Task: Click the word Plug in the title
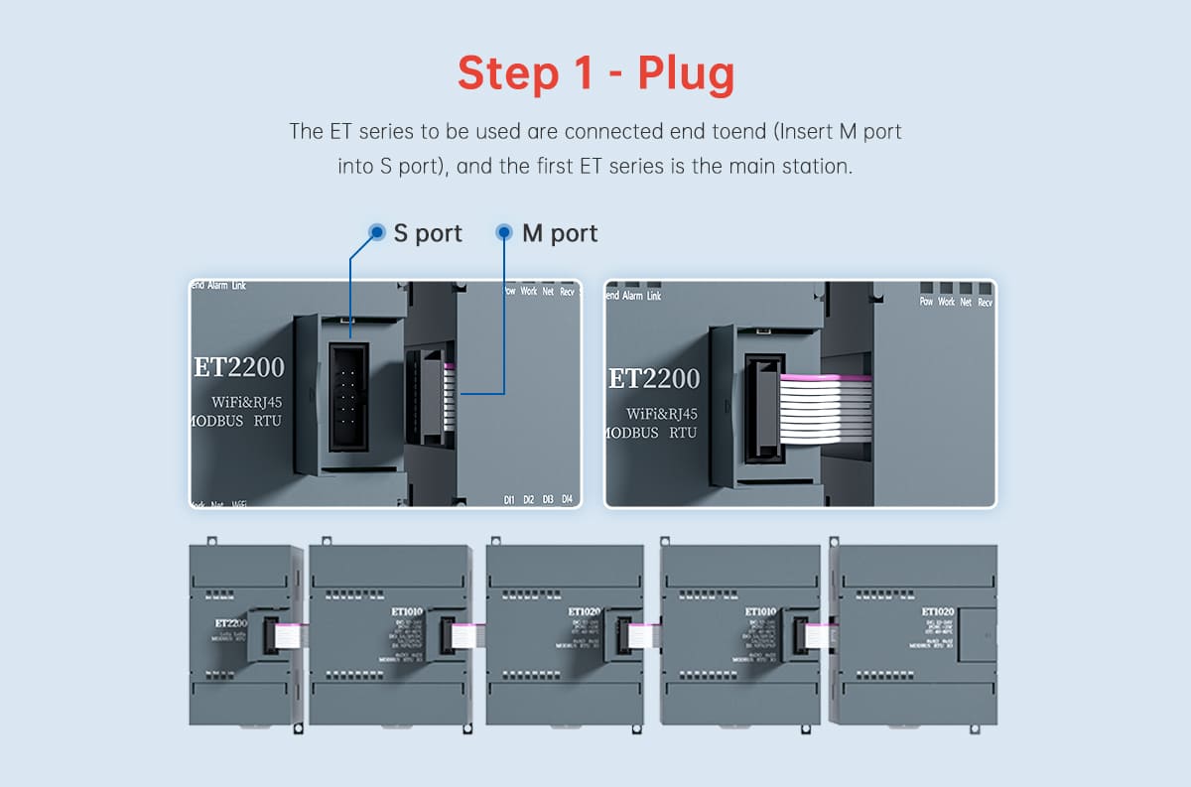pyautogui.click(x=686, y=74)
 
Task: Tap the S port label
pyautogui.click(x=428, y=233)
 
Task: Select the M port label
pyautogui.click(x=560, y=233)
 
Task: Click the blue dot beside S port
pyautogui.click(x=377, y=232)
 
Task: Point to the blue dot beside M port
pyautogui.click(x=504, y=232)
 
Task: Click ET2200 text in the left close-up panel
pyautogui.click(x=238, y=367)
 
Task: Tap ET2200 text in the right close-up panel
pyautogui.click(x=653, y=378)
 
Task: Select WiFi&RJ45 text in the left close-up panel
pyautogui.click(x=247, y=401)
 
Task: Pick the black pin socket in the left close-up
pyautogui.click(x=348, y=398)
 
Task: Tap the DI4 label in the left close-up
pyautogui.click(x=568, y=499)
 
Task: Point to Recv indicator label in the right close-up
pyautogui.click(x=985, y=302)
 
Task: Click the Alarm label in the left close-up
pyautogui.click(x=217, y=286)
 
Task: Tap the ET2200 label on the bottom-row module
pyautogui.click(x=230, y=623)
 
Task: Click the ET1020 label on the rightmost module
pyautogui.click(x=937, y=612)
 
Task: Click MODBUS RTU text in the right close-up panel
pyautogui.click(x=651, y=433)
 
